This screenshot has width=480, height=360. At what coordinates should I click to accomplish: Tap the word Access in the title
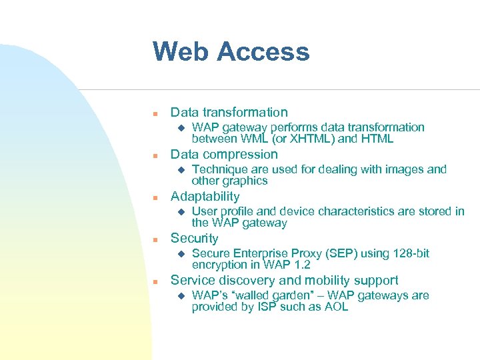point(264,51)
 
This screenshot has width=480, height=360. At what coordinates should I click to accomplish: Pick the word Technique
point(219,169)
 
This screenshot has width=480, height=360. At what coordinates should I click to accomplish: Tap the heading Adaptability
point(205,196)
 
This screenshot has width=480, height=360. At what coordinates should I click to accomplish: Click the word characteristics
point(367,211)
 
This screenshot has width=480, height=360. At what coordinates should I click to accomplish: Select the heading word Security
point(194,238)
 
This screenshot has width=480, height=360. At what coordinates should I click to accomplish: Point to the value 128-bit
point(410,253)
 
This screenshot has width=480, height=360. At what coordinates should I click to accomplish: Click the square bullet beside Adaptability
point(154,197)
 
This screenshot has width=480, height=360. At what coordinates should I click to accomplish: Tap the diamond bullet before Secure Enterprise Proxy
point(178,254)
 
